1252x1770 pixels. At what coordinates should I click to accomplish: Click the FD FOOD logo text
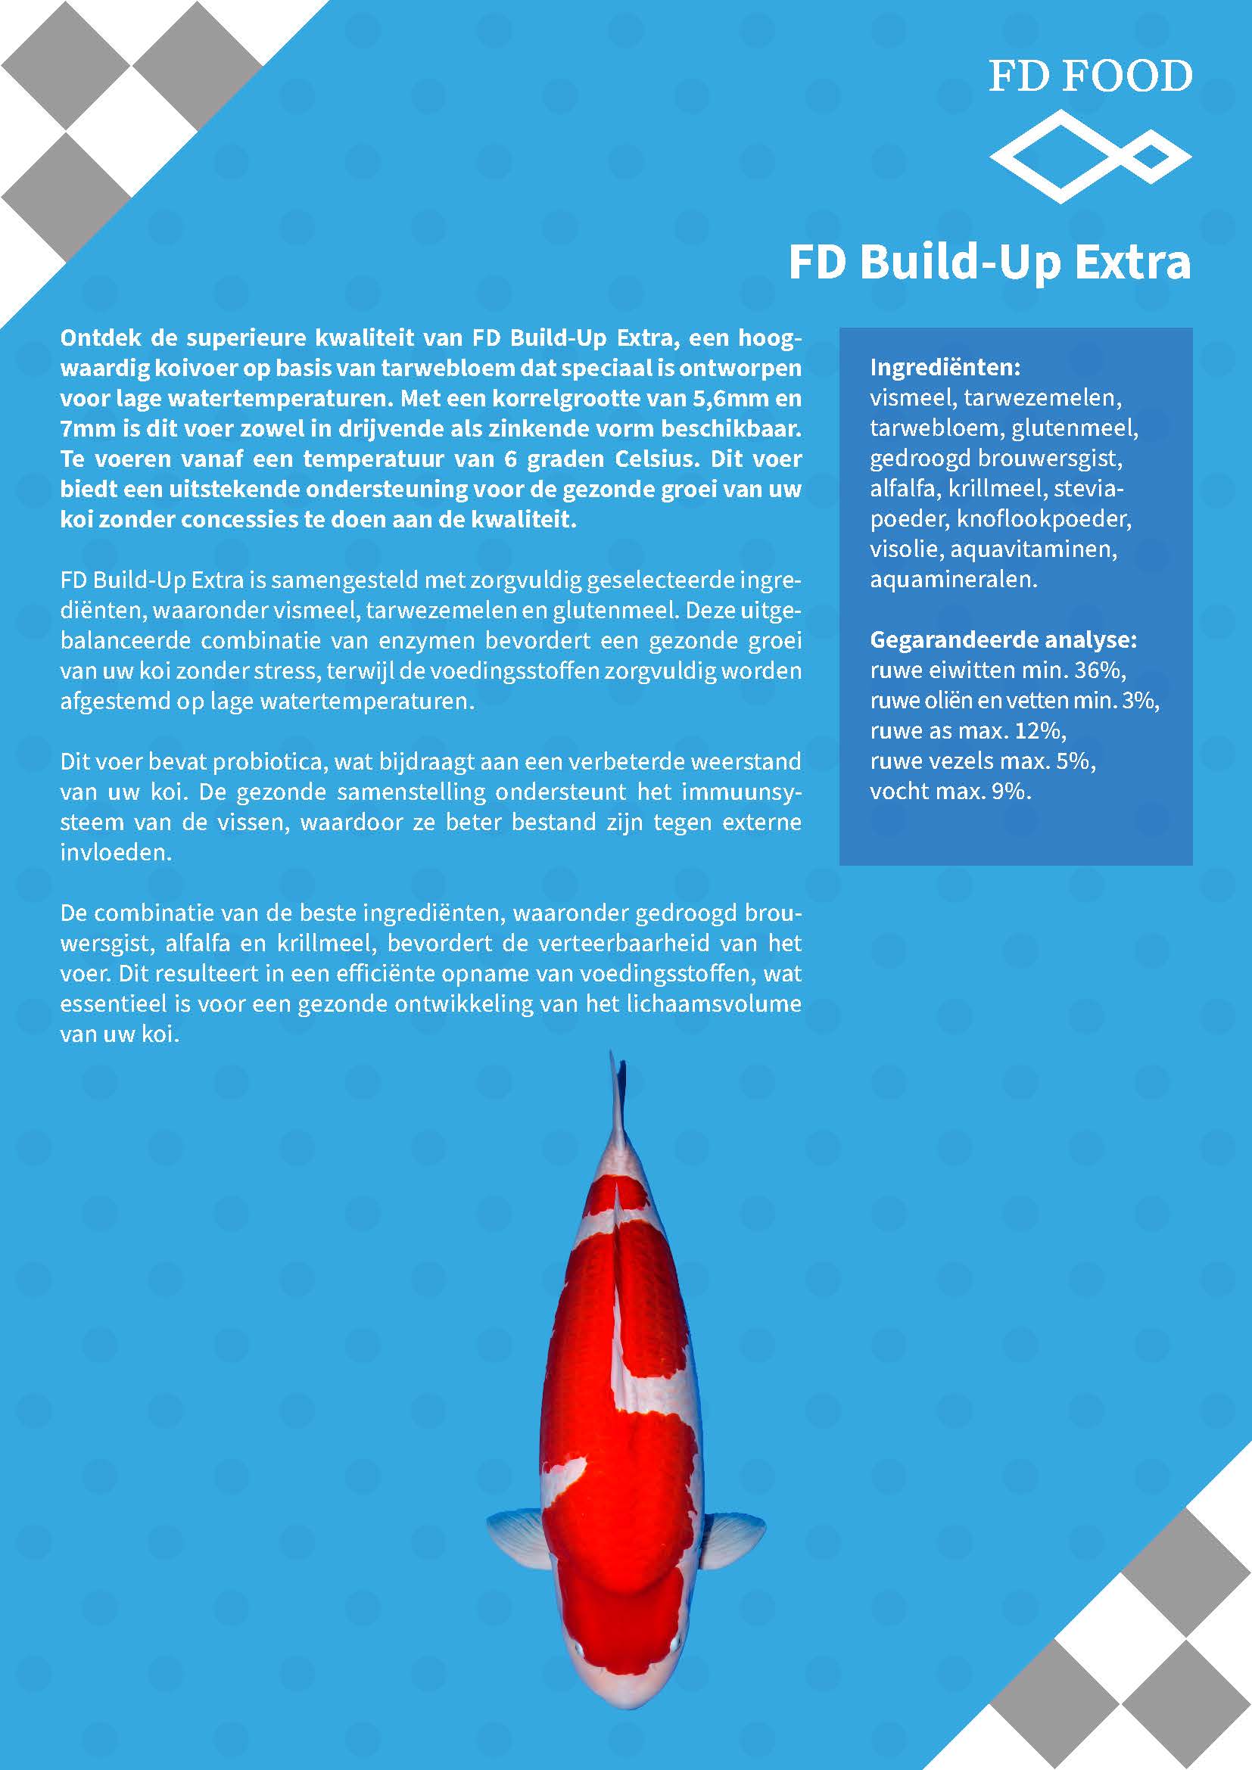[x=1090, y=77]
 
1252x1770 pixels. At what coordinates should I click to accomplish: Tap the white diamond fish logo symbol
[x=1090, y=157]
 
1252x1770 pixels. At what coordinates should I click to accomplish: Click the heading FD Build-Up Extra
[x=989, y=263]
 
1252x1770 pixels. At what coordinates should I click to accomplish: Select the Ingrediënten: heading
[x=945, y=367]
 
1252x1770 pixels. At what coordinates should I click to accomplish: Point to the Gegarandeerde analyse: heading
[x=1003, y=640]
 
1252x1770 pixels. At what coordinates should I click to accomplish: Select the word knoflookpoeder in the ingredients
[x=1043, y=519]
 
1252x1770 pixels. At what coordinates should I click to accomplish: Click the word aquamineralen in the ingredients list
[x=953, y=580]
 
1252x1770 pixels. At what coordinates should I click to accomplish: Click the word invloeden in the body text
[x=116, y=853]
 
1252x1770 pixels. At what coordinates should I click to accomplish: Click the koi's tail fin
[x=617, y=1095]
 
